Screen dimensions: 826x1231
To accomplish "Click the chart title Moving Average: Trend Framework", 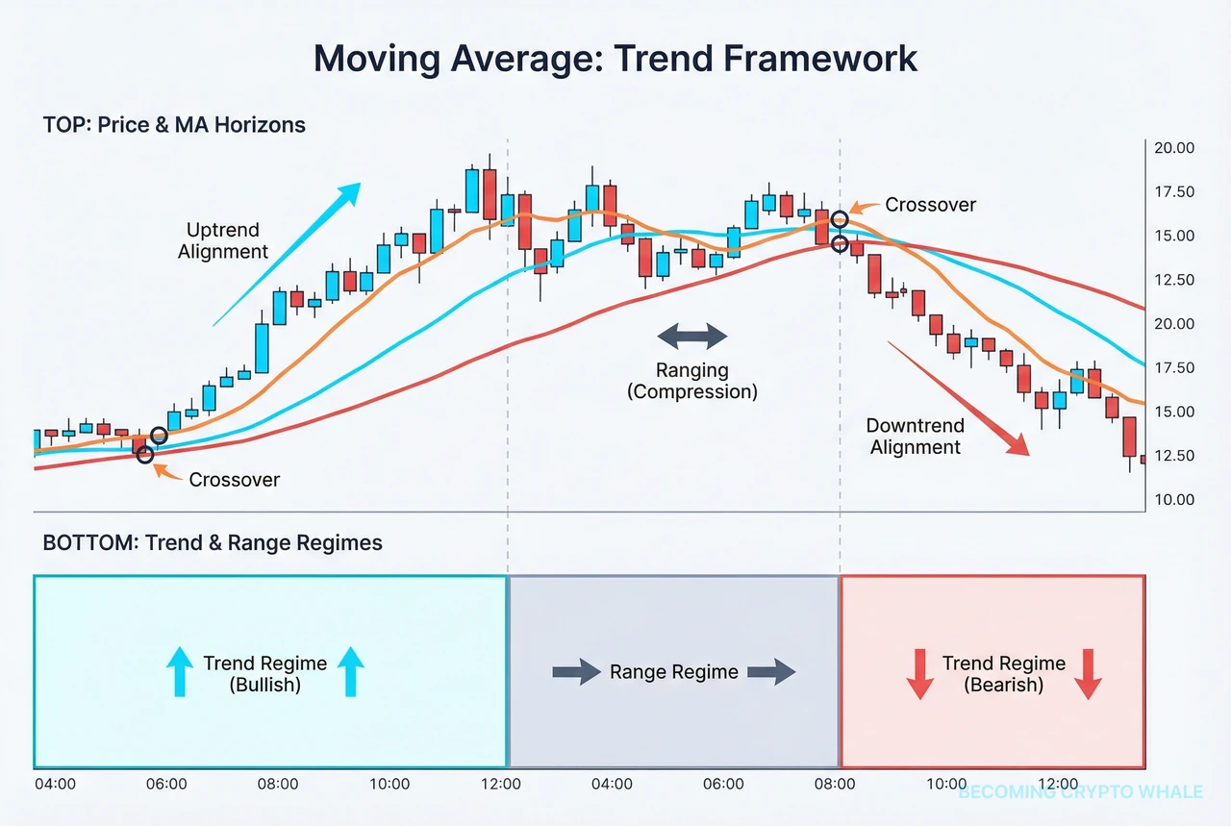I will pos(615,60).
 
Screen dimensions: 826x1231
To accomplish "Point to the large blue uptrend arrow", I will pos(289,252).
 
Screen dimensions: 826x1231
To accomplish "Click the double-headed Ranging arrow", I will pos(692,337).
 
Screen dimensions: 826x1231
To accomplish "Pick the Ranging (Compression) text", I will pos(692,381).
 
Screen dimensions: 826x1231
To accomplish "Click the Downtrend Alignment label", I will pos(915,436).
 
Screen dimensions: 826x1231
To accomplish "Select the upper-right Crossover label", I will pos(930,205).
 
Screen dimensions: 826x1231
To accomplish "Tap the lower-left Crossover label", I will pos(234,479).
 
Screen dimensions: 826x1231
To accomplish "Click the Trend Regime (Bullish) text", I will pos(264,673).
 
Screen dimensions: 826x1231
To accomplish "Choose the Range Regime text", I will pos(673,672).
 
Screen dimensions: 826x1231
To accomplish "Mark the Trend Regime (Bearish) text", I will pos(1003,673).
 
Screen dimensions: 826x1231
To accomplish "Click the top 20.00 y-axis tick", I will pos(1173,148).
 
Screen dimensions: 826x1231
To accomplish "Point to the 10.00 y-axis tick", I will pos(1173,500).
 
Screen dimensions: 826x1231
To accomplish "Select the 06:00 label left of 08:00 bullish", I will pos(166,785).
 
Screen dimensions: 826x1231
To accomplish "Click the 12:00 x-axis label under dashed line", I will pos(501,785).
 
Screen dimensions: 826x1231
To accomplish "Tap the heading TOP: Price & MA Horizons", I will pos(174,125).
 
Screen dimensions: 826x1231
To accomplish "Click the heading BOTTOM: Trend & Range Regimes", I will pos(213,543).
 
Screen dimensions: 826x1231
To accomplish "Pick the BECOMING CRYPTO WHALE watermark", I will pos(1080,792).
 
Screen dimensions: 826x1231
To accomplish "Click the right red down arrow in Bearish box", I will pos(1088,673).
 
